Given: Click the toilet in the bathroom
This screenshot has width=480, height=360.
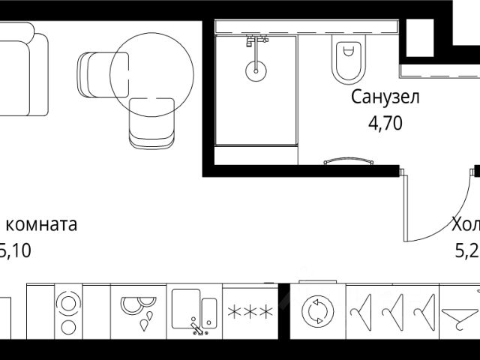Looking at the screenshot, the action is pos(346,60).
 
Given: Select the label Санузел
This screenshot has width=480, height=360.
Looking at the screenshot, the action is pos(385,97).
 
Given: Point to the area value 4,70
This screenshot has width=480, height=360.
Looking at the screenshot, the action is pos(385,122).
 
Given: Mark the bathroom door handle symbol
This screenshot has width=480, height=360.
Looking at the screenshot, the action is pos(346,160).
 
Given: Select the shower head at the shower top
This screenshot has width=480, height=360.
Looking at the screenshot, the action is pos(256,40).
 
